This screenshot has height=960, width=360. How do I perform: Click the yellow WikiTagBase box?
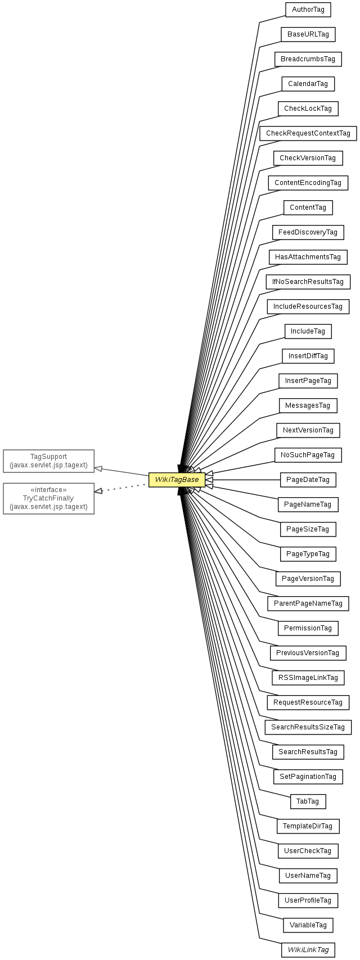pyautogui.click(x=177, y=480)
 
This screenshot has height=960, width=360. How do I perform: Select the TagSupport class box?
pyautogui.click(x=48, y=461)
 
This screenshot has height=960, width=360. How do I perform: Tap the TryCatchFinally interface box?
pyautogui.click(x=48, y=498)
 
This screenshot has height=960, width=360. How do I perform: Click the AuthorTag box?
pyautogui.click(x=308, y=10)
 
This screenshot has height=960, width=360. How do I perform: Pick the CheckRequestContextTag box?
pyautogui.click(x=308, y=133)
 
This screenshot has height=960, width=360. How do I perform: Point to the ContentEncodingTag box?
pyautogui.click(x=308, y=183)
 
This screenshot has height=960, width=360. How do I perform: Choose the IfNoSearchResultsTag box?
pyautogui.click(x=308, y=282)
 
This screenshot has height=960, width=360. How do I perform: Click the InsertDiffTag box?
pyautogui.click(x=308, y=356)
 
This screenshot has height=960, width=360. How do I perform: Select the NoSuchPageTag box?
pyautogui.click(x=308, y=455)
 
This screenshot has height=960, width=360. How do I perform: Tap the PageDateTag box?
pyautogui.click(x=308, y=480)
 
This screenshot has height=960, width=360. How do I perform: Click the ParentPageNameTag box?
pyautogui.click(x=308, y=603)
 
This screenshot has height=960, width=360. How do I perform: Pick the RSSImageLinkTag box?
pyautogui.click(x=308, y=678)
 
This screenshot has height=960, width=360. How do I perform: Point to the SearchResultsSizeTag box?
pyautogui.click(x=308, y=727)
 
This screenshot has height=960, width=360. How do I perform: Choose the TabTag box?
pyautogui.click(x=308, y=801)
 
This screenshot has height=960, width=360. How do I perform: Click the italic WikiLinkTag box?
pyautogui.click(x=308, y=950)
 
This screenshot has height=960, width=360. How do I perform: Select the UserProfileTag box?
pyautogui.click(x=308, y=900)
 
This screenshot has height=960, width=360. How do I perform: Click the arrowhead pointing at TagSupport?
pyautogui.click(x=98, y=468)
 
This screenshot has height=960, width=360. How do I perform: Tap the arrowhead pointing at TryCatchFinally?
pyautogui.click(x=98, y=491)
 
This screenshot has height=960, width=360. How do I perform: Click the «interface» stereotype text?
pyautogui.click(x=48, y=490)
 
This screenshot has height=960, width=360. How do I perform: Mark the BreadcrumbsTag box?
pyautogui.click(x=308, y=59)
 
